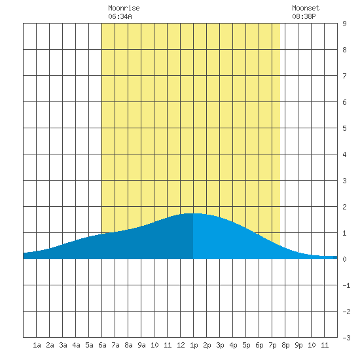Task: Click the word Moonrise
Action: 124,8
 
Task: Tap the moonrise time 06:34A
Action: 120,16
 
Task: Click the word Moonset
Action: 306,8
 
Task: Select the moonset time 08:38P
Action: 304,16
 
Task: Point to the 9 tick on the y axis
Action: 344,24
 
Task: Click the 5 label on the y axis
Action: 344,128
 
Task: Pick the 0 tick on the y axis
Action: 344,259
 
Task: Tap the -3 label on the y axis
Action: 346,338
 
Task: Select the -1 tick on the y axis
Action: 346,285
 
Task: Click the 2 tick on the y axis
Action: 344,207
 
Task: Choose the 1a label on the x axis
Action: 37,345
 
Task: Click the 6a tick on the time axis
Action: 102,345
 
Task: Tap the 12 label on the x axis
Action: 181,345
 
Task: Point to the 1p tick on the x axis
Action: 194,345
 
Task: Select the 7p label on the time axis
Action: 272,345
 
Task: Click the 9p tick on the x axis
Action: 298,345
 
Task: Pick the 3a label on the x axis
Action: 63,345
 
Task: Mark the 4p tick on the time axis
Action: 233,345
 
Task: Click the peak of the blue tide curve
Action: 192,213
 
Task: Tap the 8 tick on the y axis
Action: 344,50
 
